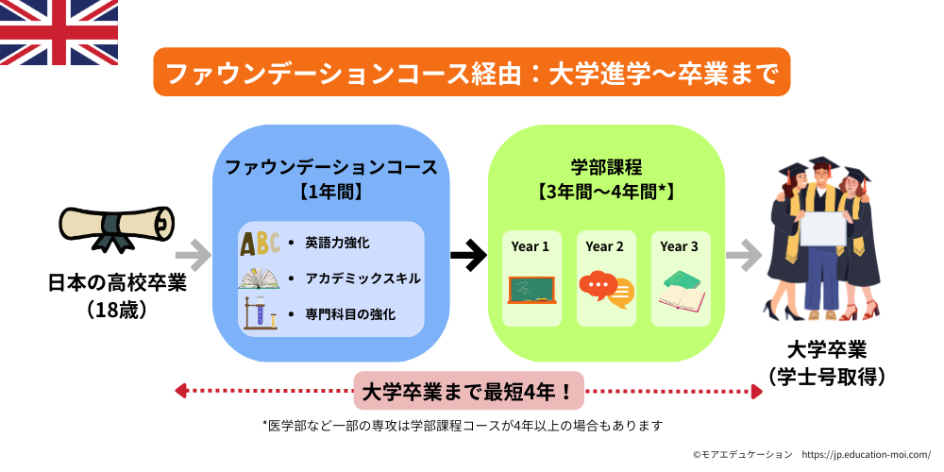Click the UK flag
59,32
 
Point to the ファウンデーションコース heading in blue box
330,167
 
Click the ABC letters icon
259,244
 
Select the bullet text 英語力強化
336,243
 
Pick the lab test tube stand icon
259,312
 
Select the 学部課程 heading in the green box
606,167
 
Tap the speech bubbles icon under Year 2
605,290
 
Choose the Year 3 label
680,246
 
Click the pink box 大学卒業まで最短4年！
469,390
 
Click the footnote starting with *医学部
464,426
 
